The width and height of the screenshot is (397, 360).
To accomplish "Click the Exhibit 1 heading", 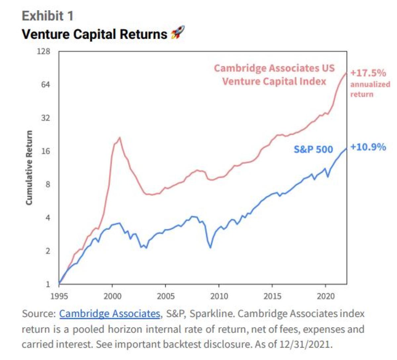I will coord(48,16).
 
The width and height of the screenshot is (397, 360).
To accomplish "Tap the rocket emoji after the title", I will coord(178,33).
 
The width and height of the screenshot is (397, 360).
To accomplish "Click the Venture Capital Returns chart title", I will coord(94,34).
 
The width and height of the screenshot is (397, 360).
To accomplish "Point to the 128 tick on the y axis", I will coord(43,52).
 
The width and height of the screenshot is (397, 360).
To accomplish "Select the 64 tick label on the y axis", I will coord(45,85).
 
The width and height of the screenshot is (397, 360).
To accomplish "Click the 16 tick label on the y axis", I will coord(45,151).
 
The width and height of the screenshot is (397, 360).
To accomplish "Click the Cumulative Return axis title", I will coord(29,168).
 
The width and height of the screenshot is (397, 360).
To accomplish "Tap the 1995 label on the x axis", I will coord(59,296).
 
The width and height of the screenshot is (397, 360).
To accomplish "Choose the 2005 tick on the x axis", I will coord(165,296).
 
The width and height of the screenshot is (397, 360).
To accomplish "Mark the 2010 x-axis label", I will coord(219,296).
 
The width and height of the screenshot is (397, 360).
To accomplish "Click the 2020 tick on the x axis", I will coord(326,296).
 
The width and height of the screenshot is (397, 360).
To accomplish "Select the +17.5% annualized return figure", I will coord(368,73).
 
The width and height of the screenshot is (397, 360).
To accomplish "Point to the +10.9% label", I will coord(368,147).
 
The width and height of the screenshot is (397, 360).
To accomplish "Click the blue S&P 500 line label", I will coord(313,149).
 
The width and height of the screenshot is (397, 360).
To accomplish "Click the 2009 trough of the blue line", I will coord(210,248).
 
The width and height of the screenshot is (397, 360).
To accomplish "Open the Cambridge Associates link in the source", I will coord(110,313).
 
